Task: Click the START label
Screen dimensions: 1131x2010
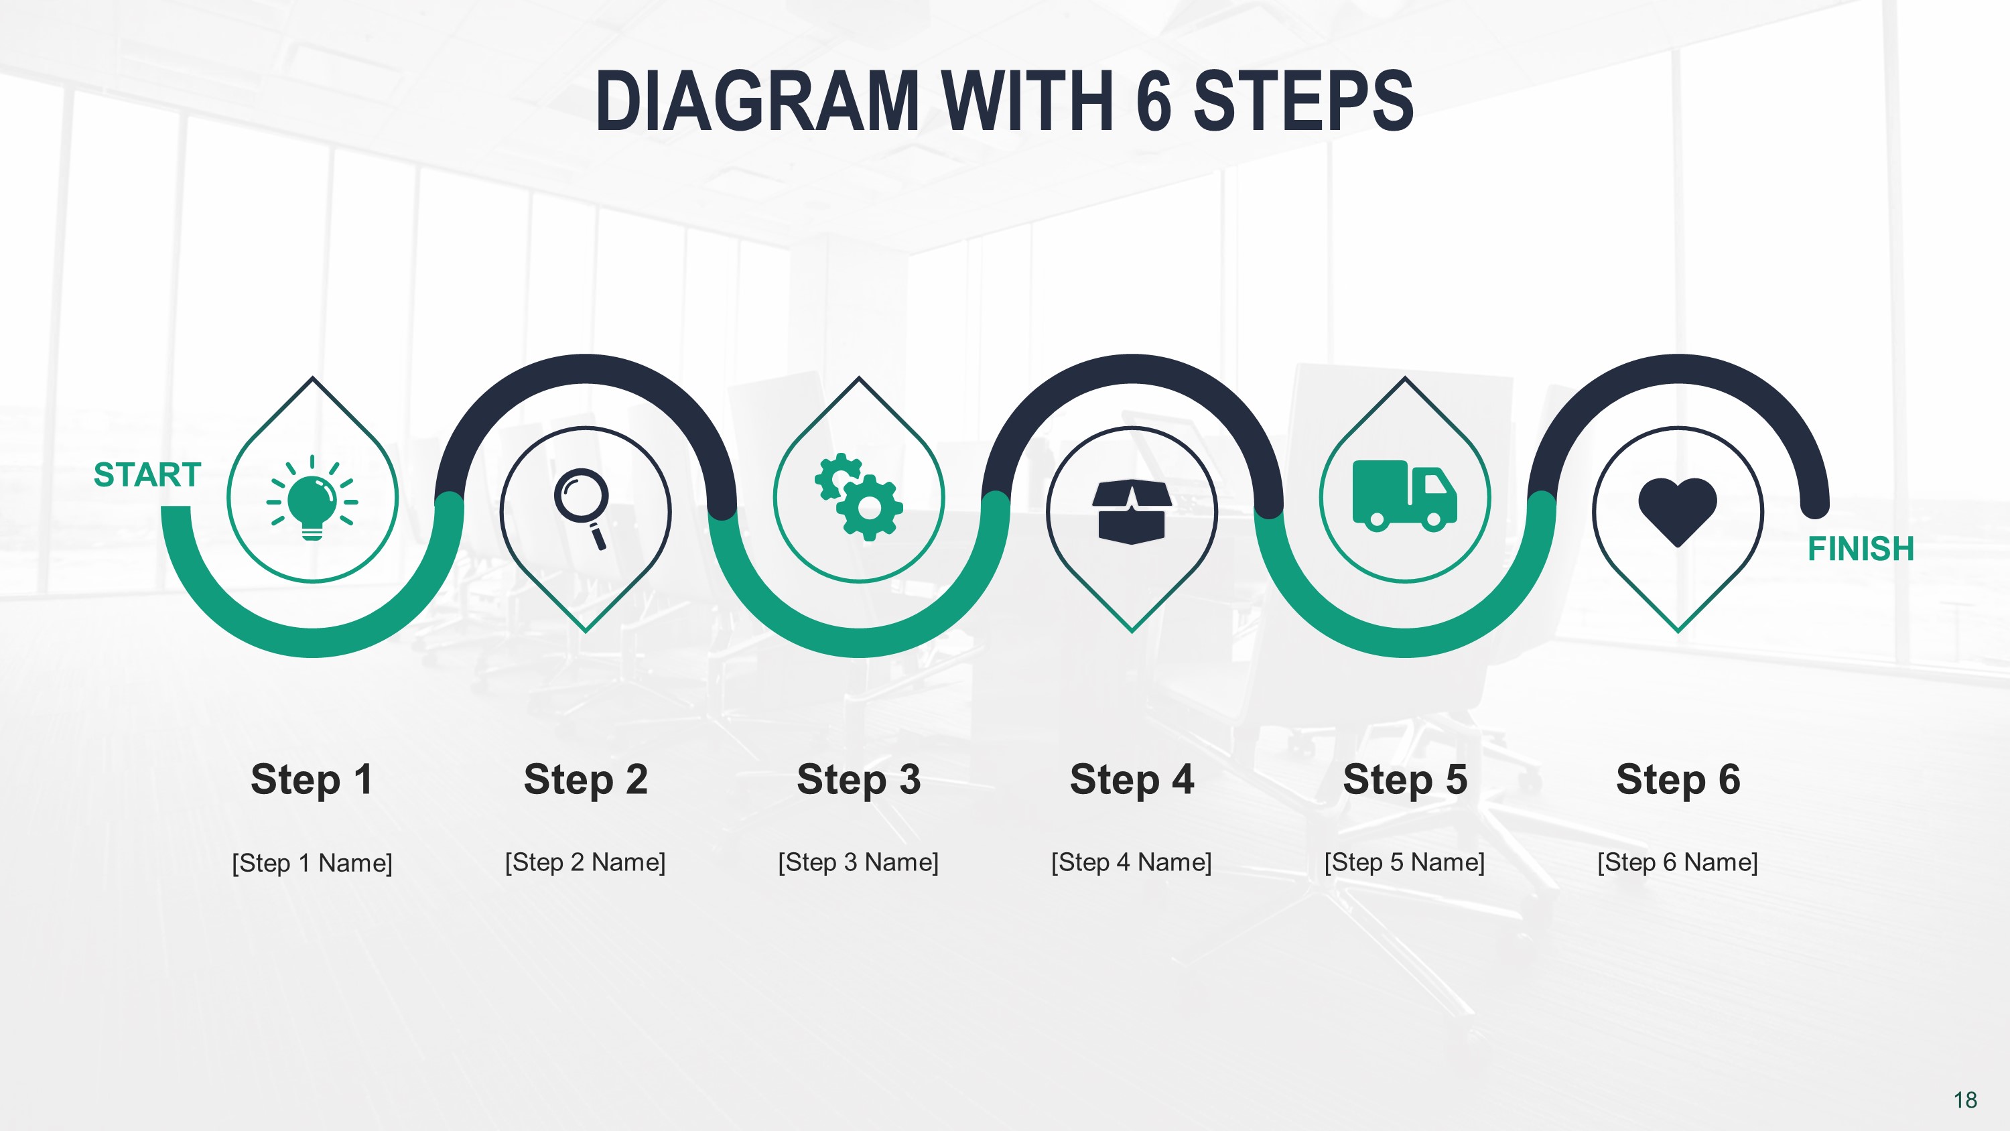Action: point(147,474)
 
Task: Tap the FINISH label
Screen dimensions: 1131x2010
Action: point(1861,549)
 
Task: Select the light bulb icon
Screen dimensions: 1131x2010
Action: point(312,500)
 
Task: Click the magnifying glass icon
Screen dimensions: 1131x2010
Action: point(582,506)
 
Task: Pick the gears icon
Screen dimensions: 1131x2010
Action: point(859,497)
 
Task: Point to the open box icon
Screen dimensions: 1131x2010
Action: point(1132,511)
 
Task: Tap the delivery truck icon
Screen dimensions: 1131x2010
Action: point(1404,496)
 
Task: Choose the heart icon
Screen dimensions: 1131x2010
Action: point(1678,511)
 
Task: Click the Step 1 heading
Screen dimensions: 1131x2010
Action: point(312,779)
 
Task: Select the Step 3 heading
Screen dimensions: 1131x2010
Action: point(858,779)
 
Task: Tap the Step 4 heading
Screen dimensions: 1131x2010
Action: point(1132,779)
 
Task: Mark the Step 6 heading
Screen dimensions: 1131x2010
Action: point(1678,779)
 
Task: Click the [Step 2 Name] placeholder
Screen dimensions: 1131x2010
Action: point(585,862)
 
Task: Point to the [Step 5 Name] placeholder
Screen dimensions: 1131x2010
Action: point(1404,862)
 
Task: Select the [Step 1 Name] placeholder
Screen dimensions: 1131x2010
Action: point(312,862)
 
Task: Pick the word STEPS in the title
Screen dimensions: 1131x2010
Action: point(1303,101)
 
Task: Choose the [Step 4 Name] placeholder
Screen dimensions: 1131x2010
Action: point(1132,862)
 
